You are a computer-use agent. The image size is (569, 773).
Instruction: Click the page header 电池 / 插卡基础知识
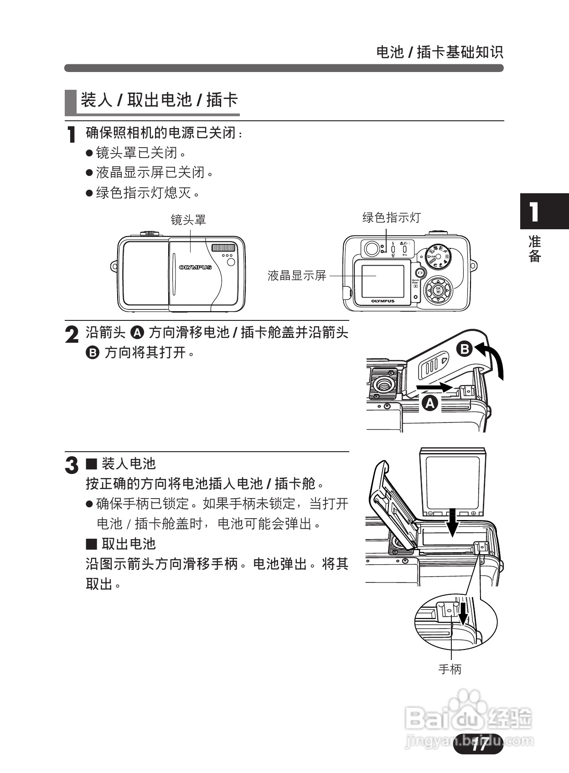440,52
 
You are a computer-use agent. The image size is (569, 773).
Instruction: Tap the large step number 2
72,335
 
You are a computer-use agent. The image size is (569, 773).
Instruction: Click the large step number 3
72,465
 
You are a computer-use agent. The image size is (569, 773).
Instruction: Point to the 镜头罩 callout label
188,220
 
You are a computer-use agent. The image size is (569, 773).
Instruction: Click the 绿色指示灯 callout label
391,217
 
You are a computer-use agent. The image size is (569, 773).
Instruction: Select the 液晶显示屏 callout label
297,275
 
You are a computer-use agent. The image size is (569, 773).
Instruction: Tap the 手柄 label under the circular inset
450,669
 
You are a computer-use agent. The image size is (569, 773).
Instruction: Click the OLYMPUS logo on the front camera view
195,268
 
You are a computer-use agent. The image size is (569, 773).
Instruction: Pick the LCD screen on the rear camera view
383,281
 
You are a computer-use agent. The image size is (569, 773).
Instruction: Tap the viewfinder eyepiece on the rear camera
372,248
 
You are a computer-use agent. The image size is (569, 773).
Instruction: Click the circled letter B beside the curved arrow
465,349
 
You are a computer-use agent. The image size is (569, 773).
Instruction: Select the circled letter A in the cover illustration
430,403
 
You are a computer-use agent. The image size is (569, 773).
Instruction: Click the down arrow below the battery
452,523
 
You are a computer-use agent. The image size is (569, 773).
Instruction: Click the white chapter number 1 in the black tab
533,212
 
